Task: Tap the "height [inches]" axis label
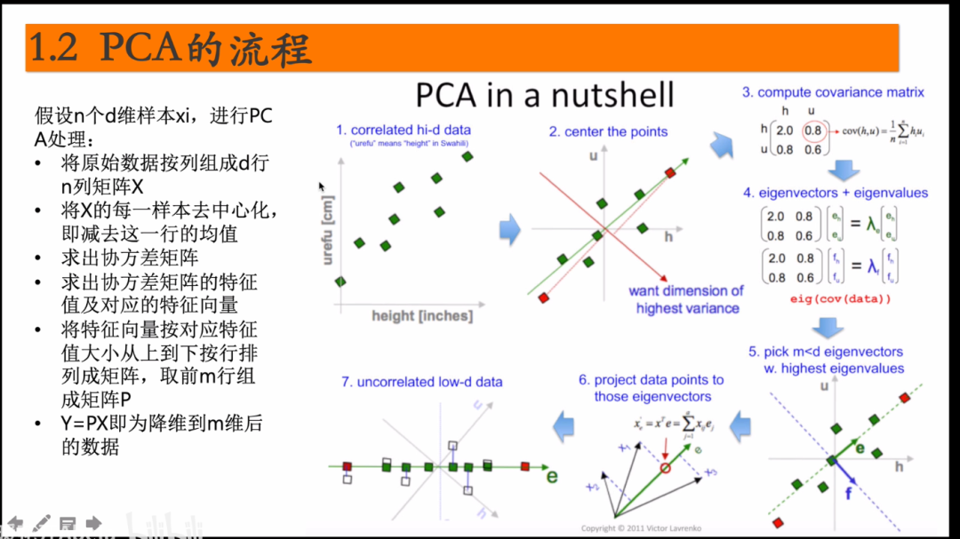(x=422, y=315)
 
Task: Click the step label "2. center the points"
(x=608, y=132)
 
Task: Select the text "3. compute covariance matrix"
(x=833, y=92)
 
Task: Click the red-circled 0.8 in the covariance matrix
(x=812, y=130)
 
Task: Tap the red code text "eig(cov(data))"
(x=840, y=299)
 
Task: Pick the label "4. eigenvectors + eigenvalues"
(x=836, y=193)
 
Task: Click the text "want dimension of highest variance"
(x=686, y=299)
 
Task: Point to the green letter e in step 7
(x=552, y=475)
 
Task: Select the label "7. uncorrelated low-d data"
(x=422, y=382)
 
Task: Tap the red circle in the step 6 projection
(x=664, y=467)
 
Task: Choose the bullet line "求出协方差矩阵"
(x=130, y=258)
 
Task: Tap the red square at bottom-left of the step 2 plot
(x=543, y=297)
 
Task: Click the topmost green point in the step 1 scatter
(x=468, y=157)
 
